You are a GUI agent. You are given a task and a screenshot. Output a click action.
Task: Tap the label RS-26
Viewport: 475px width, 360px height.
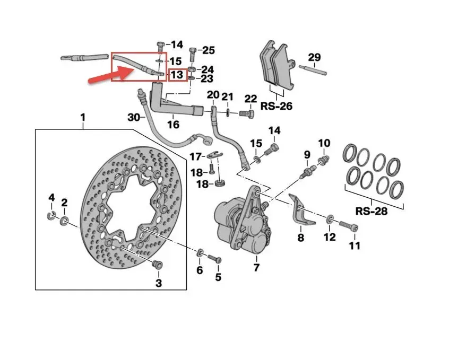(276, 107)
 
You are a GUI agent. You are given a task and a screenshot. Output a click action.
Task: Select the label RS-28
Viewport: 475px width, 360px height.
(371, 210)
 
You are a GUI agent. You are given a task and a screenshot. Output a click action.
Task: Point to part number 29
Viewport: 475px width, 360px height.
(314, 57)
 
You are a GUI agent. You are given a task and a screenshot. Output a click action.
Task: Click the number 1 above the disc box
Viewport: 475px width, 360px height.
(82, 117)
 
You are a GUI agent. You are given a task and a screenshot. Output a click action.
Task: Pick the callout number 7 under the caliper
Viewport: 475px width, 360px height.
(256, 268)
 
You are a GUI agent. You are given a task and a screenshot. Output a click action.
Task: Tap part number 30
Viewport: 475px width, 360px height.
(134, 117)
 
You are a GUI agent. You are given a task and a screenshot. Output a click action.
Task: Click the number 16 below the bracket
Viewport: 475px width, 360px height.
(173, 125)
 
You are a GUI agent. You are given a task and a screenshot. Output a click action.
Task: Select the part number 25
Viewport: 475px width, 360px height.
(208, 50)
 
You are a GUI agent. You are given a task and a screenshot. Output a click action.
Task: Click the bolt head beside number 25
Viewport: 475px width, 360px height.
(192, 52)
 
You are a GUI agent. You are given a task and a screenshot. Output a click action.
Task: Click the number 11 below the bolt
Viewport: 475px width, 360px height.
(355, 245)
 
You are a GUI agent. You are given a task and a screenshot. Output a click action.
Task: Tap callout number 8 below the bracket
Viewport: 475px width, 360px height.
(301, 239)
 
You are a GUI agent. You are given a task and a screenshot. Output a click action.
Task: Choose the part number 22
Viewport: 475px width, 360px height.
(251, 99)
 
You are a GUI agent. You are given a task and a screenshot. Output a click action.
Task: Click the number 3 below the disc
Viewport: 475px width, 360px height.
(158, 283)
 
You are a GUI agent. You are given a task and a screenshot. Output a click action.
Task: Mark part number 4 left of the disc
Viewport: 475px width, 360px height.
(51, 198)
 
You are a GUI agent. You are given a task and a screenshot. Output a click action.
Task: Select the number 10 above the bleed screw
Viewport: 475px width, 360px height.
(324, 143)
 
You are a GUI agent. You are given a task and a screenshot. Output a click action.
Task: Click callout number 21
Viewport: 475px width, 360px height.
(227, 96)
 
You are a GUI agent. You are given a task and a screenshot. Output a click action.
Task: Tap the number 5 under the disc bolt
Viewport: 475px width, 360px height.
(218, 277)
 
